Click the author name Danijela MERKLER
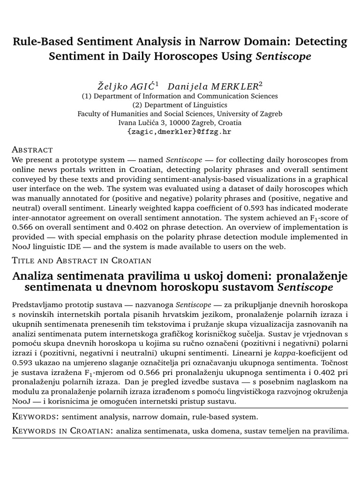212,86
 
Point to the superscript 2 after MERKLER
261,84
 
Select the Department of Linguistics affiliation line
180,105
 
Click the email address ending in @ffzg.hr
180,132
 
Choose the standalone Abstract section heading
32,150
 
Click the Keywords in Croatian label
61,430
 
